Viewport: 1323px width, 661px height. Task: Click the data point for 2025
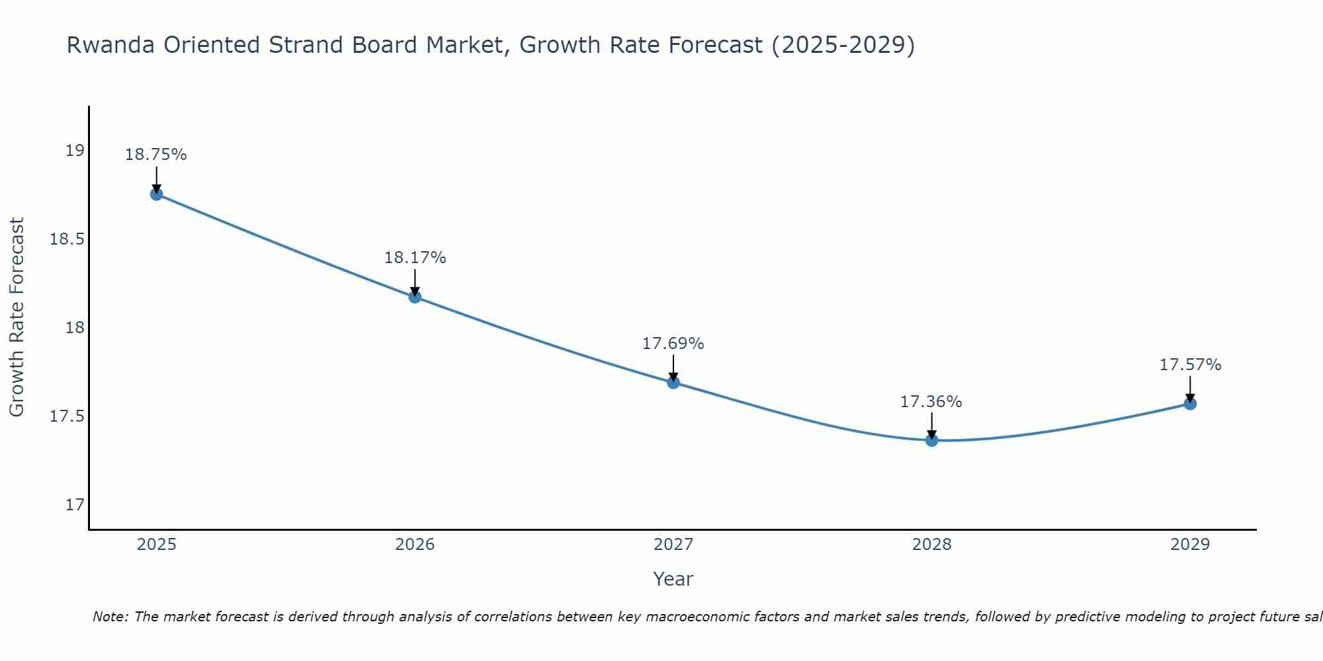click(157, 194)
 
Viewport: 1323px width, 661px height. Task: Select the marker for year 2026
click(415, 297)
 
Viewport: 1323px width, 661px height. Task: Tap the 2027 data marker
click(673, 382)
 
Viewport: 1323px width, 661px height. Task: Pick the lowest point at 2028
click(931, 440)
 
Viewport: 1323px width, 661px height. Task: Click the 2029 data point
click(1190, 403)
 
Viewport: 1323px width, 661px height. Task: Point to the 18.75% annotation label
click(156, 155)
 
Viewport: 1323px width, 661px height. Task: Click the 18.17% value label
click(415, 258)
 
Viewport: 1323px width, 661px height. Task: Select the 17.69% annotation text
click(673, 344)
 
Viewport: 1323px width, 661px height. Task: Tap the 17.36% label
click(931, 402)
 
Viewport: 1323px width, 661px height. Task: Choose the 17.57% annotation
click(1190, 365)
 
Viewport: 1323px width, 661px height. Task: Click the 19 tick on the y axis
click(75, 151)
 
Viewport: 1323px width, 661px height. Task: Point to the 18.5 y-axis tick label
click(67, 239)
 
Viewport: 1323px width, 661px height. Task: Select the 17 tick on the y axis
click(75, 505)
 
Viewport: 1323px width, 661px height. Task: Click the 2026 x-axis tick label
click(415, 545)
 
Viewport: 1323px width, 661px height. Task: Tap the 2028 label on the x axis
click(931, 545)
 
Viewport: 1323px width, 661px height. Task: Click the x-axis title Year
click(673, 579)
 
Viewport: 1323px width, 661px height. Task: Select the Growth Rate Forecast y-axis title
click(17, 317)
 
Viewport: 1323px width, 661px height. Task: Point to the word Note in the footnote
click(110, 617)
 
